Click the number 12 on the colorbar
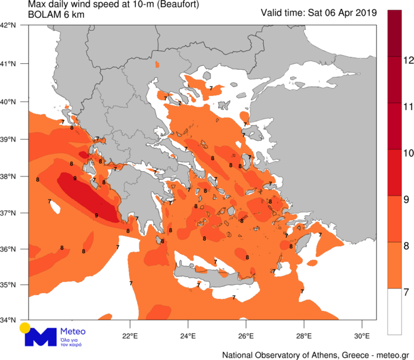pyautogui.click(x=408, y=60)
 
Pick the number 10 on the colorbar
pyautogui.click(x=408, y=153)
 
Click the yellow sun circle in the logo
pyautogui.click(x=25, y=327)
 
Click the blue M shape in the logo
pyautogui.click(x=40, y=337)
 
